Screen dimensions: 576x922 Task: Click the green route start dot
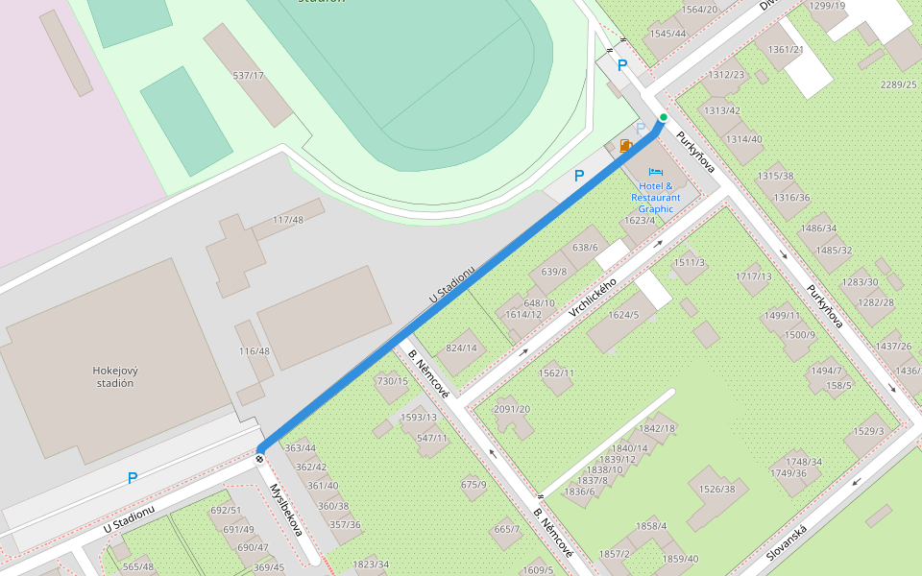(x=663, y=117)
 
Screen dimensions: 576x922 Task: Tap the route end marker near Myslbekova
(x=260, y=458)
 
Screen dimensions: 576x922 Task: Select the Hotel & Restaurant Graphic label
(x=655, y=197)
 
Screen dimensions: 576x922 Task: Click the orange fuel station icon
(x=626, y=146)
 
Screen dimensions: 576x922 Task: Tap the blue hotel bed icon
(x=656, y=172)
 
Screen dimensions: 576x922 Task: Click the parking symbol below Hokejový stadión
(x=133, y=477)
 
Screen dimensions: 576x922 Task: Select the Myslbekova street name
(x=285, y=510)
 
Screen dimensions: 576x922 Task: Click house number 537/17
(x=248, y=75)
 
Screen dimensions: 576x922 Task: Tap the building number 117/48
(x=287, y=220)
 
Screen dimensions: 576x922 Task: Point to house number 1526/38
(x=716, y=489)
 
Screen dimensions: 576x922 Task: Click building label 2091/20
(x=511, y=409)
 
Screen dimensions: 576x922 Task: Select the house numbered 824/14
(x=461, y=348)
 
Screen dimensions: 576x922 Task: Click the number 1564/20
(x=699, y=10)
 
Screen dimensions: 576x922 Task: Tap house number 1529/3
(x=868, y=431)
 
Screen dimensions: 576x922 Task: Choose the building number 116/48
(x=255, y=351)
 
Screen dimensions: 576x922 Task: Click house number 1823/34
(x=371, y=564)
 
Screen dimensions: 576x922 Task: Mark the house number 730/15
(x=392, y=381)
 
